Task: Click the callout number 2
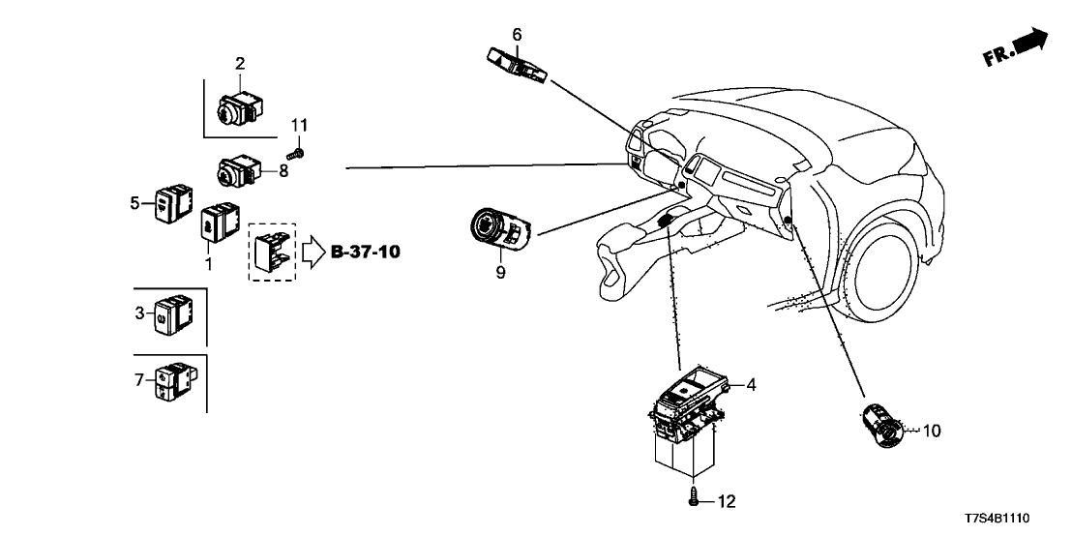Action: [x=240, y=64]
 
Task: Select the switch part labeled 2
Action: [x=236, y=109]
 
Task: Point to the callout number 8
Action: [x=283, y=171]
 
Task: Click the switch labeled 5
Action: [x=173, y=203]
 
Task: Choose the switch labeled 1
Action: [x=218, y=221]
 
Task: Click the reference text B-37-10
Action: [x=366, y=253]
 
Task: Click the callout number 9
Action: [x=500, y=273]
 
